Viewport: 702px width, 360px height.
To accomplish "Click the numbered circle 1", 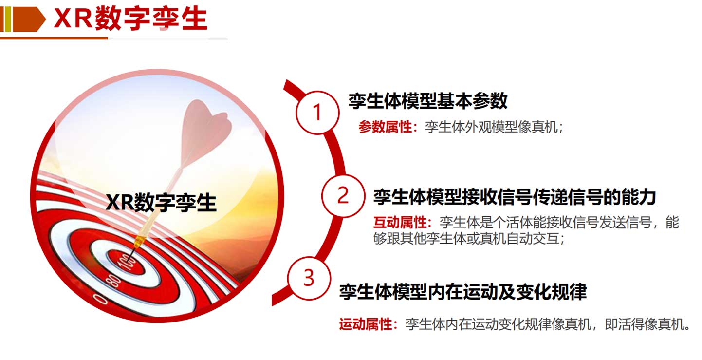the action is point(317,113).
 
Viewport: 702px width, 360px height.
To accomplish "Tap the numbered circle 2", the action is point(343,196).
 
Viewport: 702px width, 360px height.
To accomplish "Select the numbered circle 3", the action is point(309,278).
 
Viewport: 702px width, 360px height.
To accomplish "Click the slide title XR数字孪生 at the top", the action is point(130,19).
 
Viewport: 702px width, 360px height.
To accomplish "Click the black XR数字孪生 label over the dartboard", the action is point(161,203).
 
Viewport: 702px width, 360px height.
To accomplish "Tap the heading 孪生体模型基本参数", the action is point(428,101).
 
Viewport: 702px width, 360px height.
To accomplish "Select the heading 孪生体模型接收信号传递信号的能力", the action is point(515,197).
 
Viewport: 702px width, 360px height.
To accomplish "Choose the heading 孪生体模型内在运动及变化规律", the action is point(463,292).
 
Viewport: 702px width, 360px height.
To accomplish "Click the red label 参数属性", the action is point(385,127).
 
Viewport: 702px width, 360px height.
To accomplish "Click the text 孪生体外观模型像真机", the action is point(491,127).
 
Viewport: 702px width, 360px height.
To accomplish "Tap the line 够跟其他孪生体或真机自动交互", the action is point(466,239).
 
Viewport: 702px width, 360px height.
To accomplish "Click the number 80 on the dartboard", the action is point(113,281).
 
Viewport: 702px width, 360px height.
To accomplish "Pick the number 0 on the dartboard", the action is point(101,299).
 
